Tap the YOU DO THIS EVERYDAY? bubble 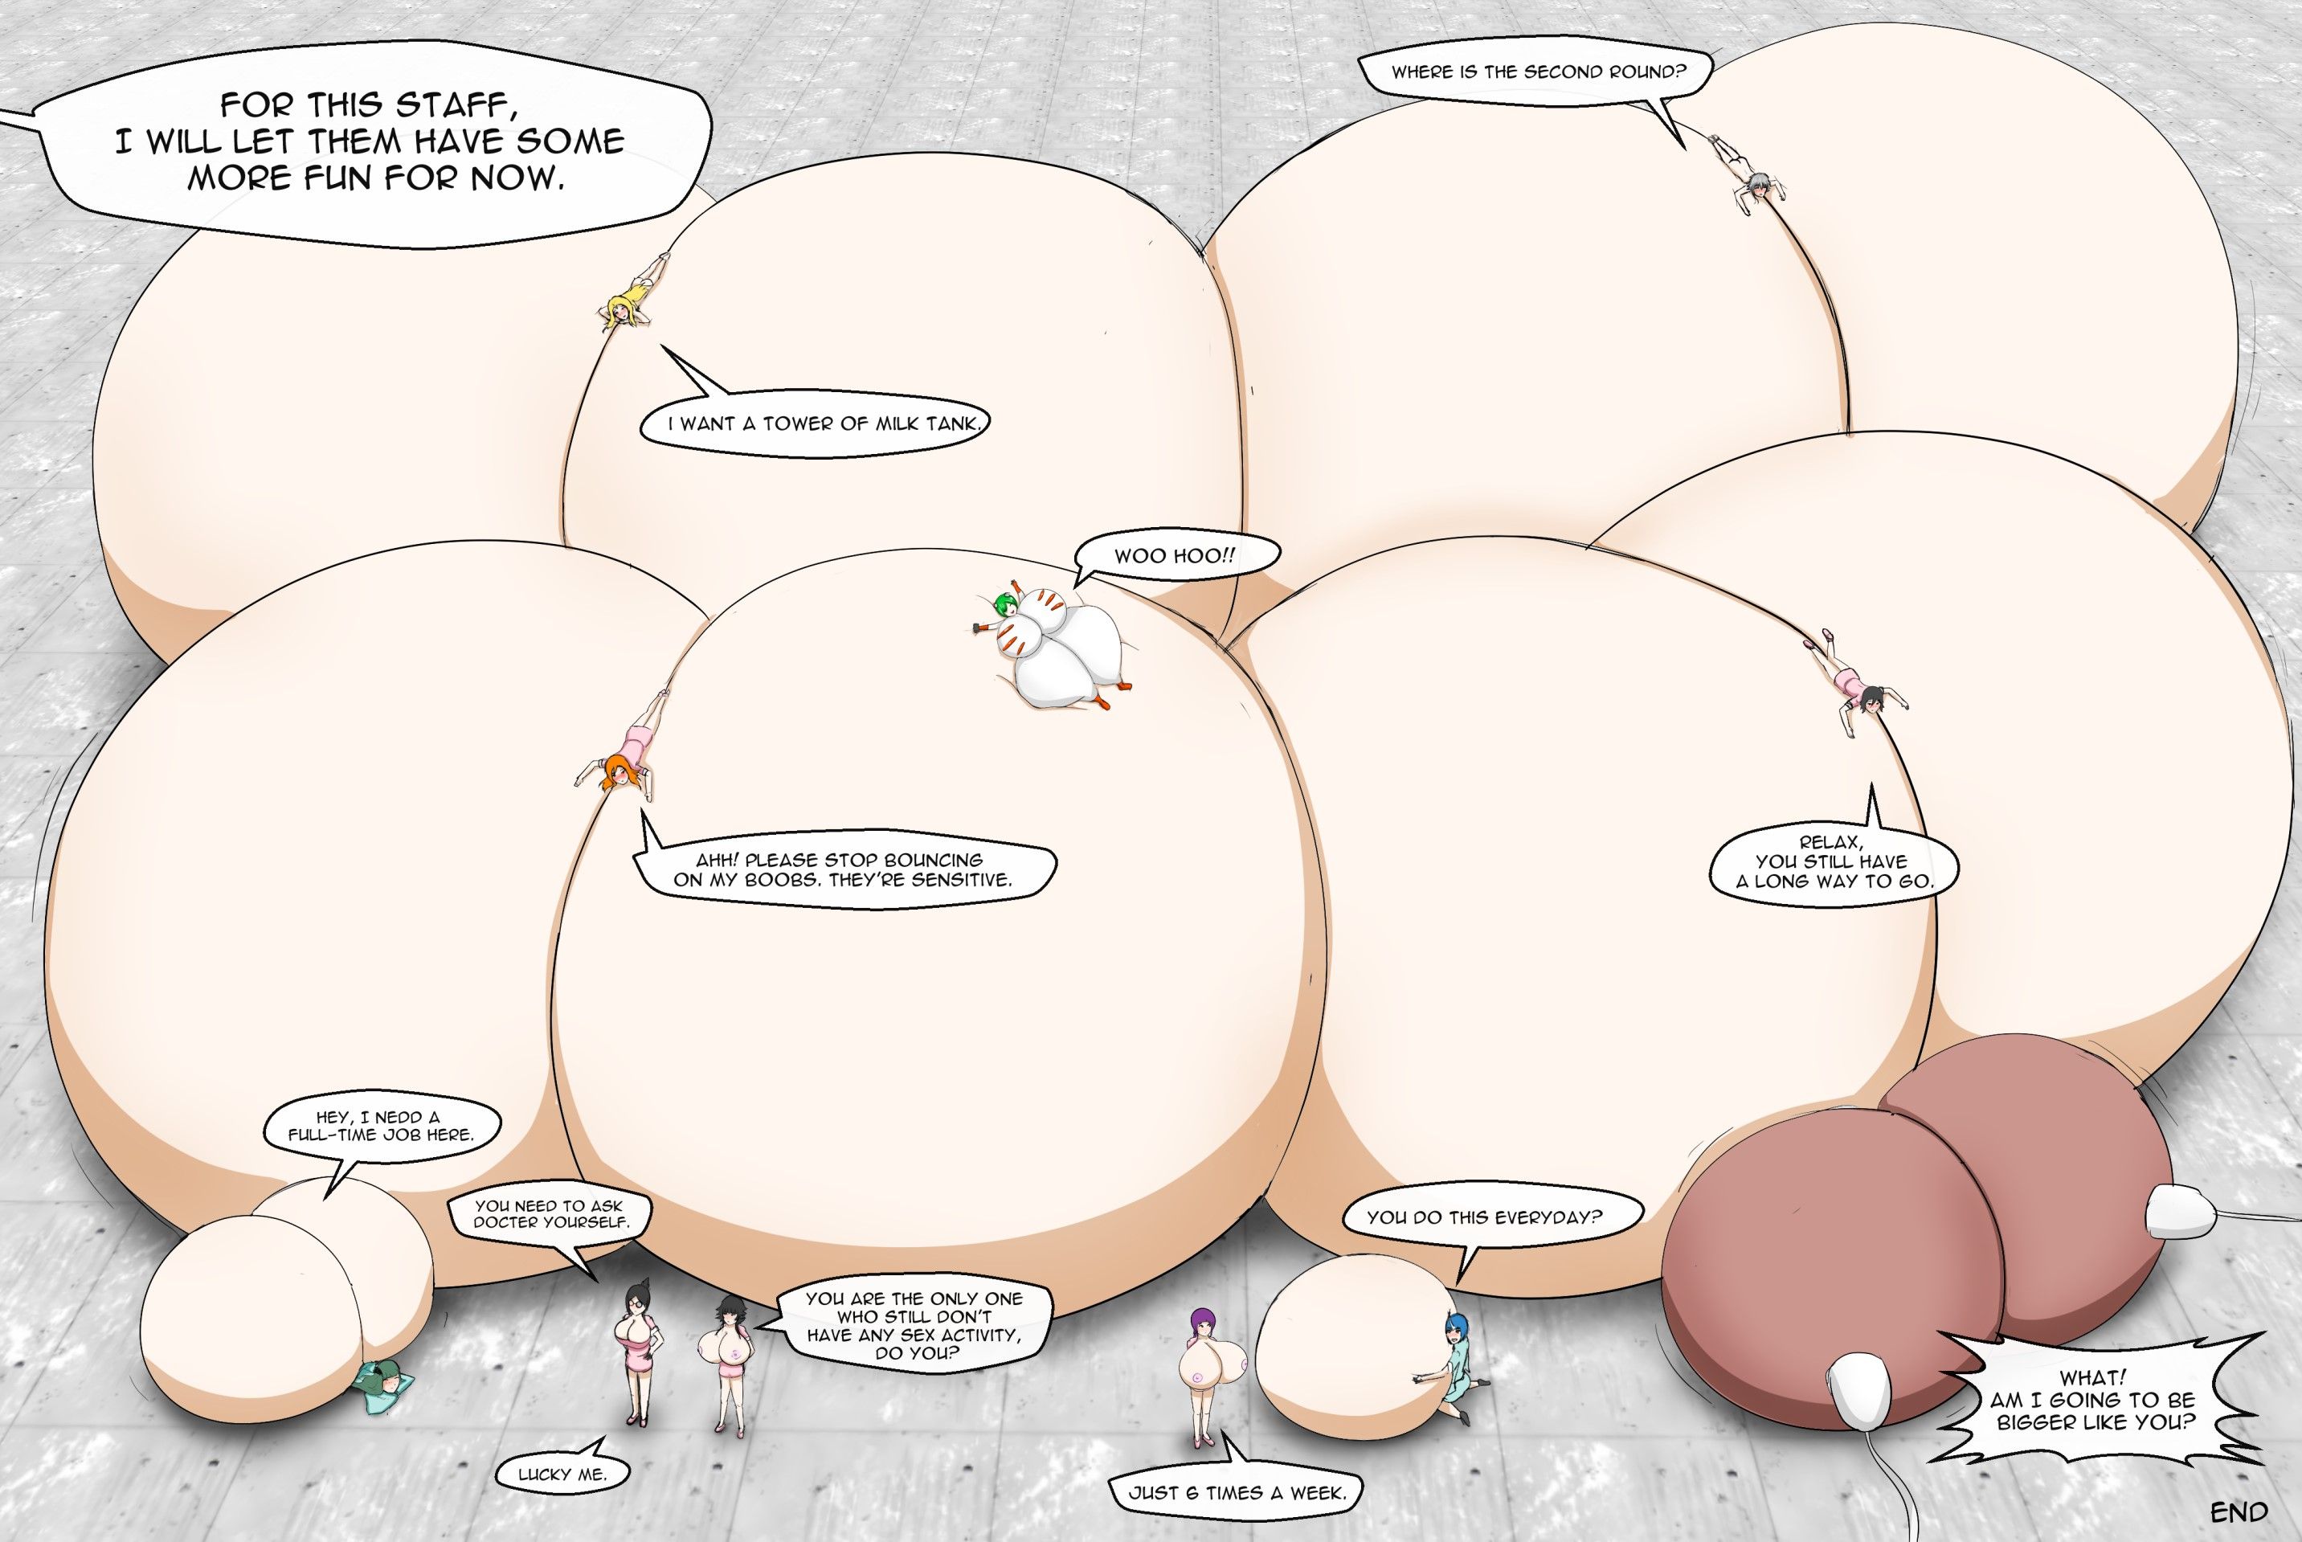tap(1484, 1217)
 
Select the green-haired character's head tap(1006, 606)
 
